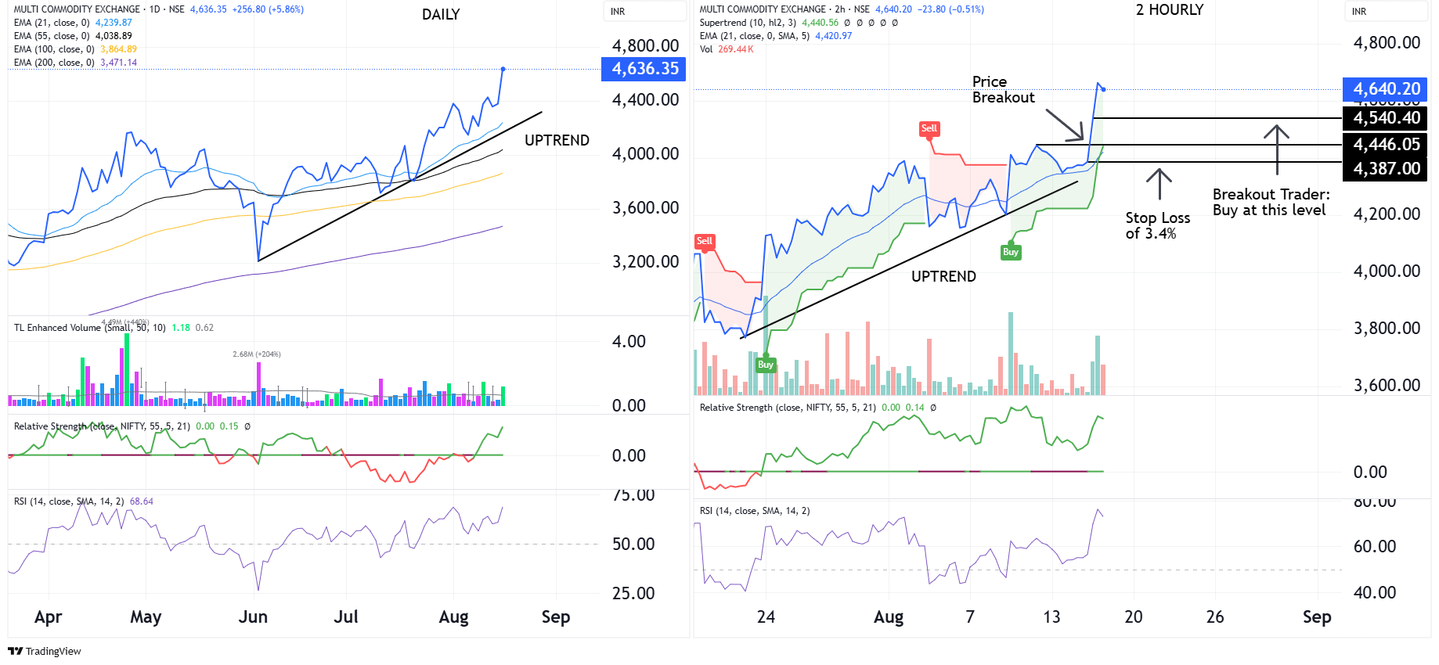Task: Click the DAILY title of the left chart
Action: click(441, 15)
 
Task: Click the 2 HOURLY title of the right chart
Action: click(1169, 10)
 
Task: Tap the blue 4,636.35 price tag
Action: click(644, 69)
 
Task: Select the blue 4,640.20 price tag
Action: click(1386, 89)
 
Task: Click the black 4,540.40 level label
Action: click(1386, 118)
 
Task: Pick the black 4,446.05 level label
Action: click(1386, 145)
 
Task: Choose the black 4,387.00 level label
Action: click(1386, 169)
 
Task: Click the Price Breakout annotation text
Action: click(1003, 90)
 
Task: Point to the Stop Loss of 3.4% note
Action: click(1157, 225)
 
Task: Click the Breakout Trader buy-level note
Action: click(1270, 202)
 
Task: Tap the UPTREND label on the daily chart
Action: click(557, 141)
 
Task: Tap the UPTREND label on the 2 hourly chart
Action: click(943, 277)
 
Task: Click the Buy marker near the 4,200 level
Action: click(1011, 252)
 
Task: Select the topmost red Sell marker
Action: click(929, 128)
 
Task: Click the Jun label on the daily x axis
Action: click(253, 617)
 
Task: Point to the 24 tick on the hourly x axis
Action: click(766, 617)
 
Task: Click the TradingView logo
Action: click(45, 651)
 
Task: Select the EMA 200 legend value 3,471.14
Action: click(118, 63)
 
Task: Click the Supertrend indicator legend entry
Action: click(747, 23)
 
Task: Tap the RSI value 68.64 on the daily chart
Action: click(142, 501)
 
